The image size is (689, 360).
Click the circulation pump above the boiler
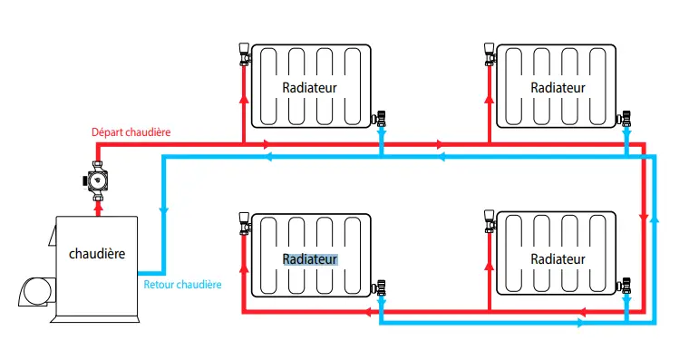(96, 180)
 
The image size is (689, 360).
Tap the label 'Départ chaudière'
(131, 131)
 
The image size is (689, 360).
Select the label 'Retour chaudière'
(182, 285)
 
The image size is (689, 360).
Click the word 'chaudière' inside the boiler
(97, 254)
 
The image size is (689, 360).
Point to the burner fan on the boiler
(37, 291)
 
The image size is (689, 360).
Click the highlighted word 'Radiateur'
(310, 259)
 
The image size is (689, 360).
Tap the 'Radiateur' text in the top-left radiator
(309, 87)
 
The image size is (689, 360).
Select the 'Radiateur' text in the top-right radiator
(558, 87)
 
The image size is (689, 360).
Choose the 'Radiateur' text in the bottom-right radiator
(558, 259)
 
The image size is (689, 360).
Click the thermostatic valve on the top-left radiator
(245, 54)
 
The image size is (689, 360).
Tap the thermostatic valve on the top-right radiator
(490, 54)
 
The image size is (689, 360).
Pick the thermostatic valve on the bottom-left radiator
(245, 224)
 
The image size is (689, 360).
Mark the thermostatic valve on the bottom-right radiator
(490, 221)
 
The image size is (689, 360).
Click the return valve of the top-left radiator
(379, 119)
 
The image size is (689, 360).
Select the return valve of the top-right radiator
(625, 119)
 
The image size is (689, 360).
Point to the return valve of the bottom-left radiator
(379, 287)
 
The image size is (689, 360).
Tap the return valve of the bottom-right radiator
(625, 287)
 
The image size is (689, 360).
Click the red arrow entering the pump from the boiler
(99, 209)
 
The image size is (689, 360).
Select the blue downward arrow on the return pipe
(164, 211)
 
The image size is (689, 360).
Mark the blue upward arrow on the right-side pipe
(655, 219)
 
